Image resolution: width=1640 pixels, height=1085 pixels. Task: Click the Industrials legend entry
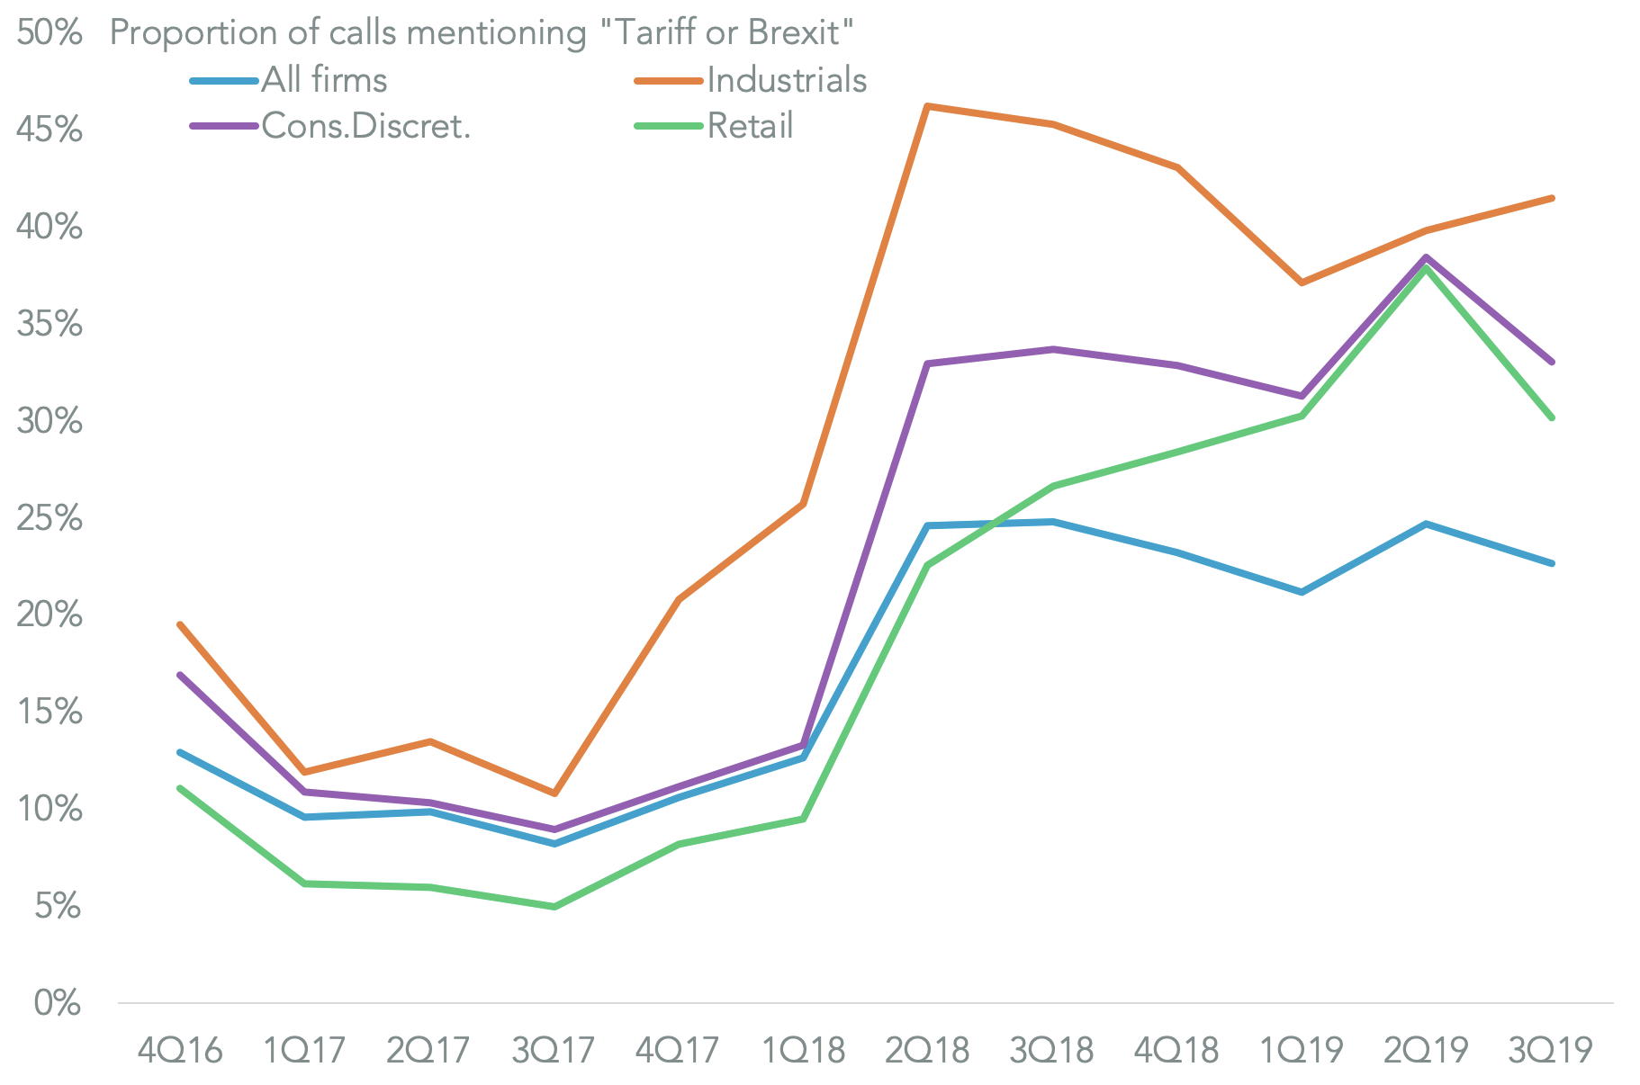pyautogui.click(x=786, y=80)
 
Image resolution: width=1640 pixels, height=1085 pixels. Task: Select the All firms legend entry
pyautogui.click(x=324, y=80)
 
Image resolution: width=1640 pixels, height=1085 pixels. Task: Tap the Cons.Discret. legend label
pyautogui.click(x=365, y=126)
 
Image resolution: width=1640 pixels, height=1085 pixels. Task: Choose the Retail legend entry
pyautogui.click(x=750, y=126)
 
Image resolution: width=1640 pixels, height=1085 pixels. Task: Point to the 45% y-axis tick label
pyautogui.click(x=50, y=130)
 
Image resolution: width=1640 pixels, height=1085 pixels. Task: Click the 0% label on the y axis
pyautogui.click(x=58, y=1003)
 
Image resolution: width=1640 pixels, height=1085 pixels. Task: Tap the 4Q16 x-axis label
pyautogui.click(x=180, y=1050)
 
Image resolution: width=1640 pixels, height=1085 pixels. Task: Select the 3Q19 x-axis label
pyautogui.click(x=1551, y=1050)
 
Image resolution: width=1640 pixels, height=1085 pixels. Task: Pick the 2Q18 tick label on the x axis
pyautogui.click(x=928, y=1050)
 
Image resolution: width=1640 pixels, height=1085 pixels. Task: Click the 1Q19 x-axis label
pyautogui.click(x=1302, y=1050)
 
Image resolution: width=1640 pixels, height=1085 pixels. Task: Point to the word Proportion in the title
pyautogui.click(x=193, y=33)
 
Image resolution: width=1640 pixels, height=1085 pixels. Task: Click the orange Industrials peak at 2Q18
pyautogui.click(x=928, y=106)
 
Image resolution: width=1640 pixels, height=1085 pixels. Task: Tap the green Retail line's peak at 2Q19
pyautogui.click(x=1427, y=267)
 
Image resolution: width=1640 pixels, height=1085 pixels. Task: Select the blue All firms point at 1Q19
pyautogui.click(x=1302, y=592)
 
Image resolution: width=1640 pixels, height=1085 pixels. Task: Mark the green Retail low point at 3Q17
pyautogui.click(x=554, y=906)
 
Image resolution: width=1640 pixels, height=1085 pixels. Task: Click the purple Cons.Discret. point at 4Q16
pyautogui.click(x=180, y=675)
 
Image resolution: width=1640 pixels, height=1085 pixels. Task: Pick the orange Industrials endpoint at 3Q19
pyautogui.click(x=1551, y=198)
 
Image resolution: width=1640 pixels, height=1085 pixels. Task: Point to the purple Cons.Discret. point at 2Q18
pyautogui.click(x=928, y=363)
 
